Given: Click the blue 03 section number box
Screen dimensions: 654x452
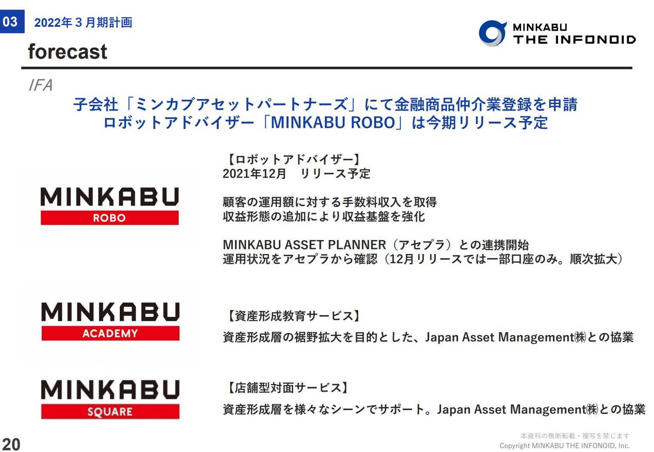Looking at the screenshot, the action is pyautogui.click(x=12, y=21).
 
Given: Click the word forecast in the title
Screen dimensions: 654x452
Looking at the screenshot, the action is pyautogui.click(x=68, y=52).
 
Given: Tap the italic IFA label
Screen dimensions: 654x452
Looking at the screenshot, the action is pyautogui.click(x=41, y=85).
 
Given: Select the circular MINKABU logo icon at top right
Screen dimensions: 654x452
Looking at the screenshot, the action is pyautogui.click(x=493, y=33).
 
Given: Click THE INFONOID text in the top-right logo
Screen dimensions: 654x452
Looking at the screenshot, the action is pyautogui.click(x=574, y=40).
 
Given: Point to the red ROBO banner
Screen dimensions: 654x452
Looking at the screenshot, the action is pyautogui.click(x=110, y=218).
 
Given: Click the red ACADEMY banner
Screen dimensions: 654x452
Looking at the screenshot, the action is pyautogui.click(x=110, y=333).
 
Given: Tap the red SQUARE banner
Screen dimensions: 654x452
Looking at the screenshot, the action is pyautogui.click(x=110, y=412).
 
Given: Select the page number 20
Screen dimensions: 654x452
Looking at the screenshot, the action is pyautogui.click(x=11, y=444).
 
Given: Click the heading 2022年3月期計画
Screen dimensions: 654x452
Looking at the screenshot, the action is pyautogui.click(x=83, y=23).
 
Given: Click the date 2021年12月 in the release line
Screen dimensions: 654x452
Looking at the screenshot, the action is pyautogui.click(x=254, y=174).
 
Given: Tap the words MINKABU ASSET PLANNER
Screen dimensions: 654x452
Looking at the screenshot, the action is pyautogui.click(x=304, y=245).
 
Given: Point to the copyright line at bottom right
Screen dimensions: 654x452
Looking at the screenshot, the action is pyautogui.click(x=564, y=446).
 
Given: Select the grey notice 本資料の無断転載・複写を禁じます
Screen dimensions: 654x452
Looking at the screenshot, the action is pyautogui.click(x=575, y=436).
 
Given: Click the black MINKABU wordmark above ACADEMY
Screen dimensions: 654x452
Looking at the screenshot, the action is pyautogui.click(x=110, y=312).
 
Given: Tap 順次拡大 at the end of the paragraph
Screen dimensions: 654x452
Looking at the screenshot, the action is pyautogui.click(x=593, y=259).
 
